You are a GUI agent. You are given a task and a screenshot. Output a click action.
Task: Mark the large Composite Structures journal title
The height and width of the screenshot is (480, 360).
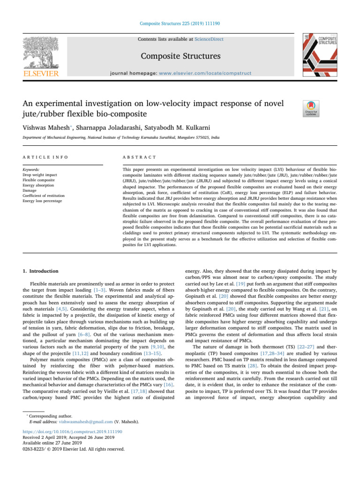pos(180,56)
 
